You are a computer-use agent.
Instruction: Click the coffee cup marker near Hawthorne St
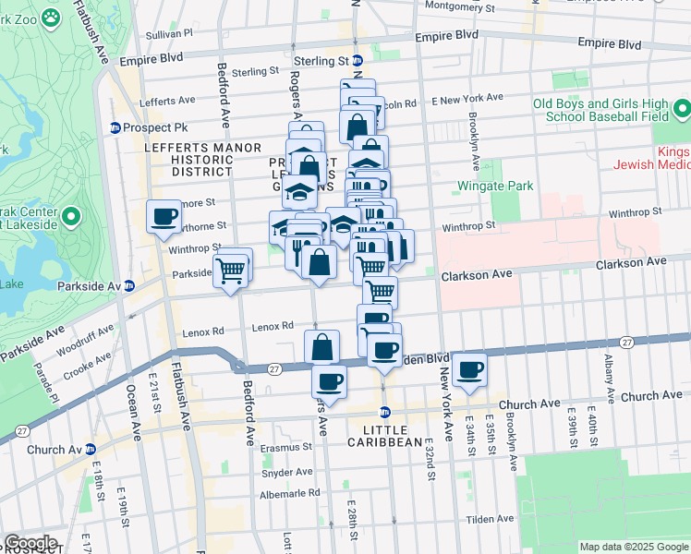coord(164,216)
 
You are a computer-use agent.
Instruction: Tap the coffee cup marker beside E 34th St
coord(470,368)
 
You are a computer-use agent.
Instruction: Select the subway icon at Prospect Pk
coord(115,127)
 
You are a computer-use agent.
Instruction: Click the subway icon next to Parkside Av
coord(128,286)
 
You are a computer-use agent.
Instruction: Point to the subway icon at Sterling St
coord(357,61)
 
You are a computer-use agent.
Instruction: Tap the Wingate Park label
coord(496,186)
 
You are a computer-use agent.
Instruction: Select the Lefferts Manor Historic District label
coord(188,159)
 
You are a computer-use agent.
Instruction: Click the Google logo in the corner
coord(30,543)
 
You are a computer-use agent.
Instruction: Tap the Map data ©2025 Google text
coord(634,547)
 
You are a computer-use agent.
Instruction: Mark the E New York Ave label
coord(469,97)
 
